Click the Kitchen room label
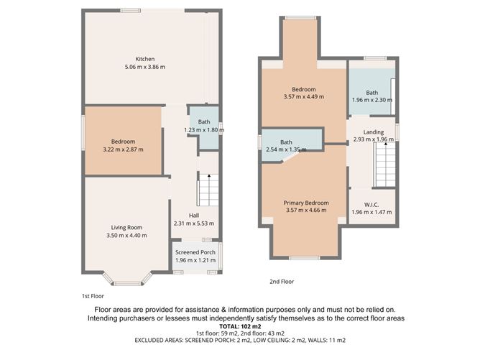point(145,59)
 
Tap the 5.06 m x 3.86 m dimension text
point(145,67)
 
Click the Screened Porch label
point(195,252)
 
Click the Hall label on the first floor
point(194,215)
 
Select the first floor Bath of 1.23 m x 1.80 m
point(204,126)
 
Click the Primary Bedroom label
point(305,203)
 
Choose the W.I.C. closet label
point(371,204)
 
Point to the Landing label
point(373,132)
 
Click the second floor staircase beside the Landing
point(385,165)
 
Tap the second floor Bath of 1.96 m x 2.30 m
point(371,96)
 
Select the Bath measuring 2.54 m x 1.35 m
point(286,145)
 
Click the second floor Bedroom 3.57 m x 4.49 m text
point(305,96)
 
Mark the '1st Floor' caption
point(93,295)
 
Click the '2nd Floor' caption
point(282,282)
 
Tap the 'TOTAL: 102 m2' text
point(240,326)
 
